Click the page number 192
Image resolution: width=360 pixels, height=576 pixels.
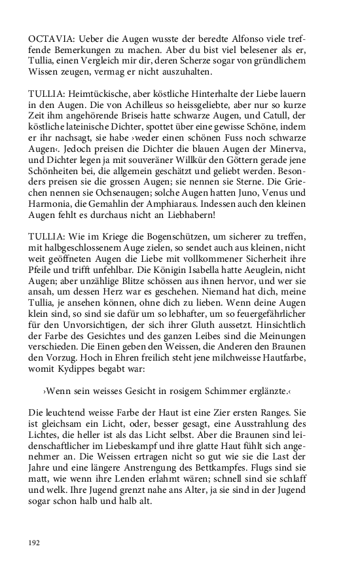coord(35,543)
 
